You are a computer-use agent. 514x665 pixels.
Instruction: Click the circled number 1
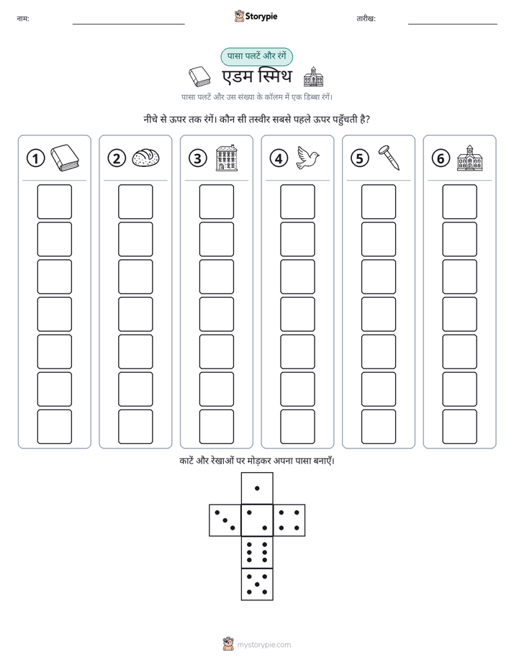point(35,158)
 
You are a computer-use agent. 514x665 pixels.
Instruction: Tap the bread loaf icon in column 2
point(146,158)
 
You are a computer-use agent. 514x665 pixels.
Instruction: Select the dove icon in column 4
point(308,158)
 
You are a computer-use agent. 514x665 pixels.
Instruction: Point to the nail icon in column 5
point(389,158)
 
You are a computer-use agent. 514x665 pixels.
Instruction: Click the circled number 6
point(441,158)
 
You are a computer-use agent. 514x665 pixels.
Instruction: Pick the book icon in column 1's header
point(65,158)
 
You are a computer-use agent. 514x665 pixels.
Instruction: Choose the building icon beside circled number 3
point(227,158)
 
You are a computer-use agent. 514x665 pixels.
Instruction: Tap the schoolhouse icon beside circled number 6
point(470,158)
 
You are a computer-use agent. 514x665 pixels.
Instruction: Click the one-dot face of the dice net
point(257,488)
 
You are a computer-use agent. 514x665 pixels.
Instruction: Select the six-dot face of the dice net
point(257,552)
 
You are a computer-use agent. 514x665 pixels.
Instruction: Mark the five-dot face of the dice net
point(257,584)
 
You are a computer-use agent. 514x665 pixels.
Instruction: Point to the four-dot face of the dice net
point(289,520)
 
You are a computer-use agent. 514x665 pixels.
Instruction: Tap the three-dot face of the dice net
point(225,520)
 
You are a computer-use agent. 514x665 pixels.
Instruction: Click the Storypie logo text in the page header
point(261,17)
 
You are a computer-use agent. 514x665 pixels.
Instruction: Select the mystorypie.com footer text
point(263,645)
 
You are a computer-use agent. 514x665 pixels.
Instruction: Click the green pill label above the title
point(256,56)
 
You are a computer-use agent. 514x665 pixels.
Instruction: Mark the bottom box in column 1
point(54,427)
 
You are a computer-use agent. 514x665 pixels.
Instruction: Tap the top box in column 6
point(460,202)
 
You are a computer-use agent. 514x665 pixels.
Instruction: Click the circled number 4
point(279,158)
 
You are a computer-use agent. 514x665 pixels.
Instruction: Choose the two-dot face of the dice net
point(257,520)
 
